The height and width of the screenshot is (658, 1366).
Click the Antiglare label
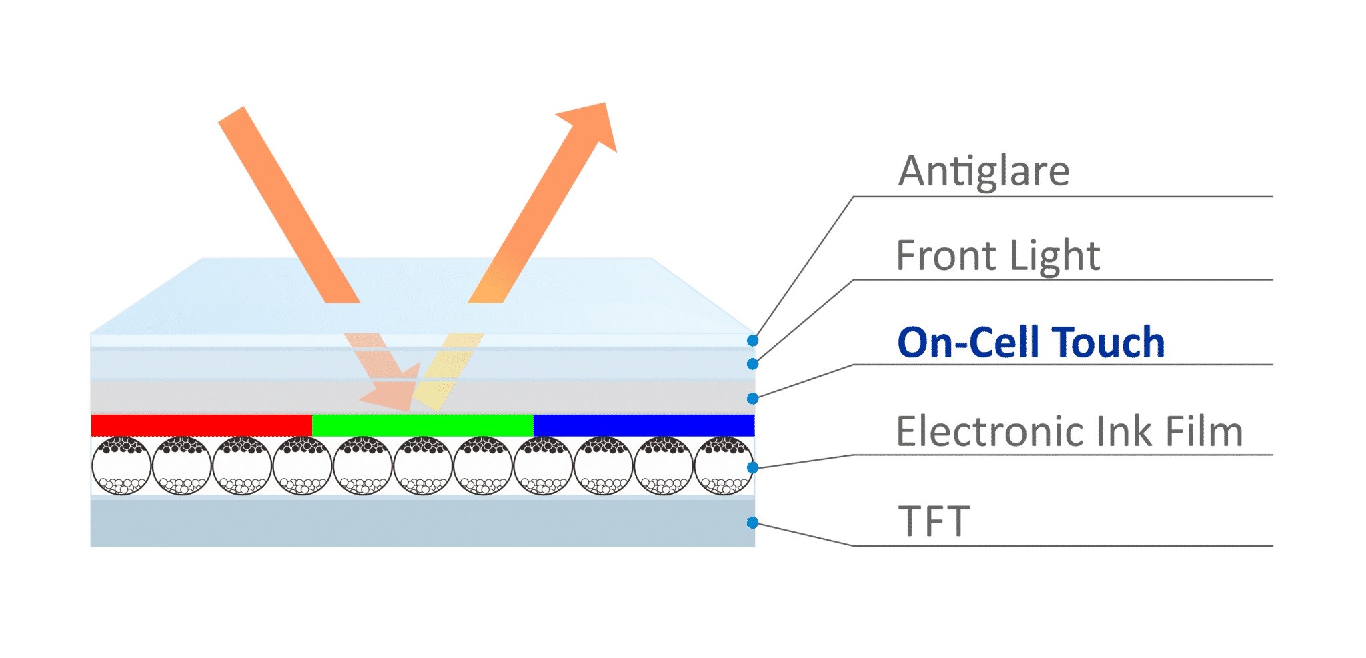click(983, 171)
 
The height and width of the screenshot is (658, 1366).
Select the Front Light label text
click(998, 256)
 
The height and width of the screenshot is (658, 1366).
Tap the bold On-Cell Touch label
click(1031, 343)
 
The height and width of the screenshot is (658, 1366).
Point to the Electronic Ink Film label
click(1069, 431)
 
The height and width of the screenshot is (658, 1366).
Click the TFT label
click(934, 521)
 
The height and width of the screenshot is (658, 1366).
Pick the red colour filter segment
click(201, 425)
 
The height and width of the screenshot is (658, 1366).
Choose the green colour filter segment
click(423, 425)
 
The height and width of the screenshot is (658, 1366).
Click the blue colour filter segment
click(644, 425)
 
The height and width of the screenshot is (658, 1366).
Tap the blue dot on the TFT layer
click(752, 523)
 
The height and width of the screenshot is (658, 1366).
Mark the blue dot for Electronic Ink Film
click(752, 467)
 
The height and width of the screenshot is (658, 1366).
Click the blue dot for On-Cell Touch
click(752, 399)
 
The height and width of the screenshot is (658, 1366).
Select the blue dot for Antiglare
click(752, 341)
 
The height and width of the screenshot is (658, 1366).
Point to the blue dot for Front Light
click(752, 364)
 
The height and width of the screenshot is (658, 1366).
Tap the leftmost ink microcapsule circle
click(121, 465)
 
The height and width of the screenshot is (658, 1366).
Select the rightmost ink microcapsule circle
click(724, 465)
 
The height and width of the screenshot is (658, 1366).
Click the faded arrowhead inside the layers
click(394, 390)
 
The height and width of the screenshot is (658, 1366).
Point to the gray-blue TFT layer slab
click(423, 523)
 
